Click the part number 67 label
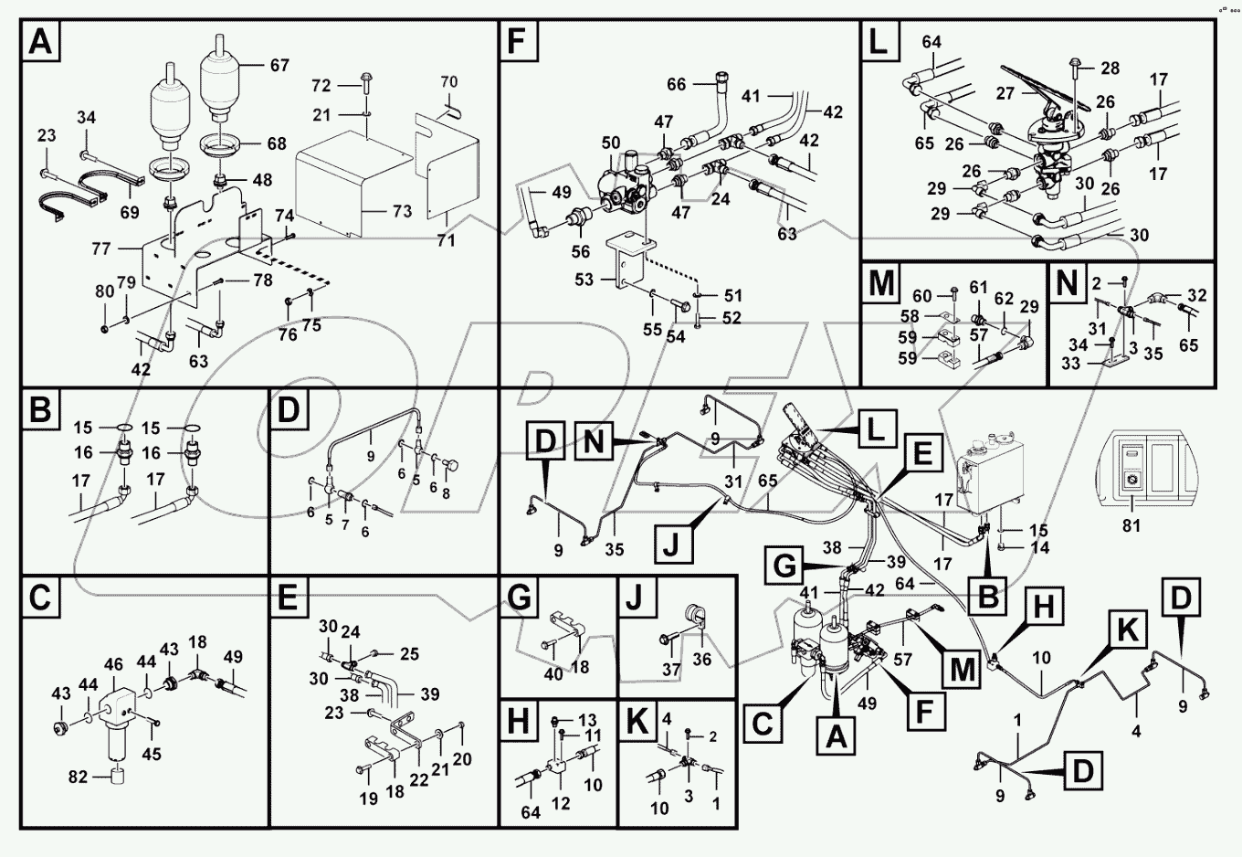(279, 65)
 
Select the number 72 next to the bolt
(321, 85)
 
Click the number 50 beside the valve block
(611, 143)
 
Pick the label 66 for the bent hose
(676, 85)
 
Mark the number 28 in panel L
(1110, 69)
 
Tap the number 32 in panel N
(1197, 295)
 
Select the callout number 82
(78, 777)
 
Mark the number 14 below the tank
(1040, 548)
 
